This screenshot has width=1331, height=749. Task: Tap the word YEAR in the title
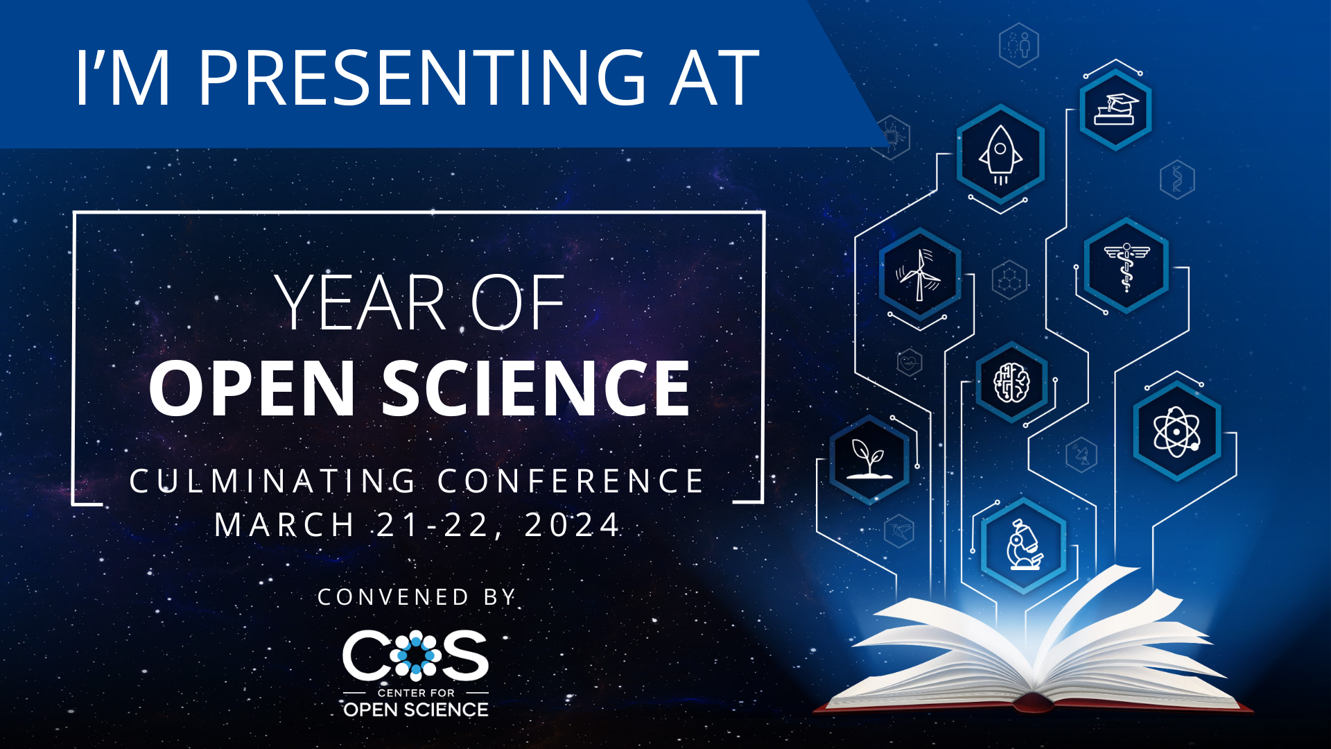click(x=360, y=302)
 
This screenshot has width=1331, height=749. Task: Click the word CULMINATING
click(x=273, y=481)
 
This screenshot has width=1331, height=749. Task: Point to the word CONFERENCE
click(x=571, y=481)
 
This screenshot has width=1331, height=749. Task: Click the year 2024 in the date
click(x=572, y=525)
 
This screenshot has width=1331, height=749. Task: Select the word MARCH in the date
click(x=284, y=525)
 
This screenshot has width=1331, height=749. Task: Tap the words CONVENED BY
click(x=417, y=597)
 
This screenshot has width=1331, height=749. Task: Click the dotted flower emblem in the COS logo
click(x=415, y=655)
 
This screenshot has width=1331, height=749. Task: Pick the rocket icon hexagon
click(x=1000, y=154)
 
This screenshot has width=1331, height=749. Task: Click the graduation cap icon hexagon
click(x=1115, y=109)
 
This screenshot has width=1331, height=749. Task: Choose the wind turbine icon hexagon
click(x=920, y=273)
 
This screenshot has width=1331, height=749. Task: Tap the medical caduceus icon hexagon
click(x=1126, y=265)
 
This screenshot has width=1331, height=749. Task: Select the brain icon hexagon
click(x=1012, y=382)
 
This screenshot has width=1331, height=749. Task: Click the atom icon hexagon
click(x=1177, y=431)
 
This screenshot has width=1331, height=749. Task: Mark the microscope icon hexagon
click(x=1024, y=545)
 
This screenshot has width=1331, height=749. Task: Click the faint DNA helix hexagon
click(x=1177, y=180)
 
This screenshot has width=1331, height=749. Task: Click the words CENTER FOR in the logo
click(x=416, y=693)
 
